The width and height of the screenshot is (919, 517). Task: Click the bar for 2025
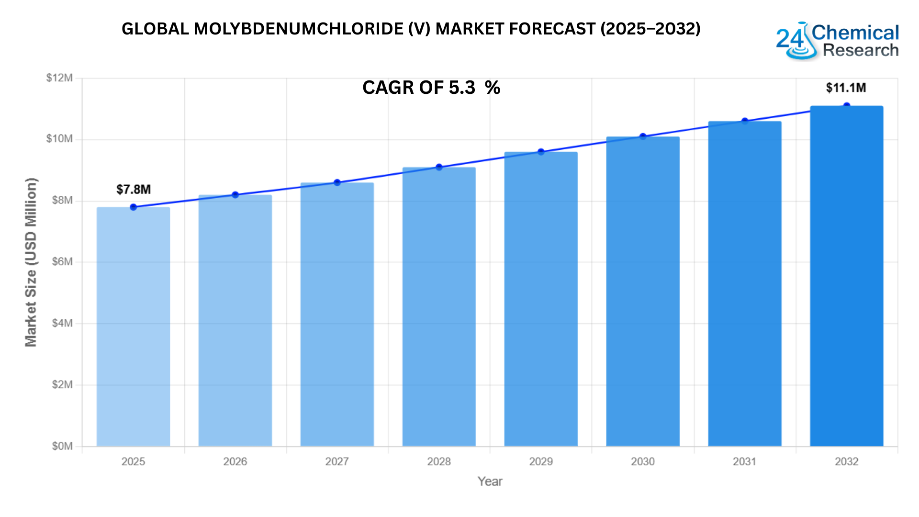tap(133, 326)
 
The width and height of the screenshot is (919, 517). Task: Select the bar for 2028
tap(439, 306)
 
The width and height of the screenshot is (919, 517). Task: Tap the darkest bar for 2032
tap(846, 276)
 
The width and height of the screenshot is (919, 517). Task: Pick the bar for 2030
tap(642, 291)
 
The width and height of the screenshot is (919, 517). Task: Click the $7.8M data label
tap(134, 190)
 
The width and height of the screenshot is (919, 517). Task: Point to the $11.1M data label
tap(846, 88)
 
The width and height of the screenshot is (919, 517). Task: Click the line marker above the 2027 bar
tap(337, 182)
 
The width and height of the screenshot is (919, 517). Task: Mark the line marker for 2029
tap(541, 152)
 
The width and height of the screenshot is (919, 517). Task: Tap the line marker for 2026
tap(235, 195)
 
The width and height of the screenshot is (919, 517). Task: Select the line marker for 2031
tap(745, 121)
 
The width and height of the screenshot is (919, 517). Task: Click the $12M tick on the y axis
tap(59, 78)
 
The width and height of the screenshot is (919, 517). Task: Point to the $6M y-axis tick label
tap(62, 262)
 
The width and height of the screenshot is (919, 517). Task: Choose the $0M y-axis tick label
tap(62, 446)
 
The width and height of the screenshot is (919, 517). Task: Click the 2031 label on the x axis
tap(744, 461)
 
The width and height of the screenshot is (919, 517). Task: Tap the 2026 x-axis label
tap(235, 461)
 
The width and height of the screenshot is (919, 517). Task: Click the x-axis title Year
tap(490, 482)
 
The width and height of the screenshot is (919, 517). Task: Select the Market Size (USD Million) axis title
tap(31, 262)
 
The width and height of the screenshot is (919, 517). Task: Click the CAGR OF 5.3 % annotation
tap(431, 88)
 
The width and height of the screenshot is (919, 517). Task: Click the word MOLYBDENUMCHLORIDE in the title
tap(299, 29)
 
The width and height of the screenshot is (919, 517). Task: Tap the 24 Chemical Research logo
tap(837, 41)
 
